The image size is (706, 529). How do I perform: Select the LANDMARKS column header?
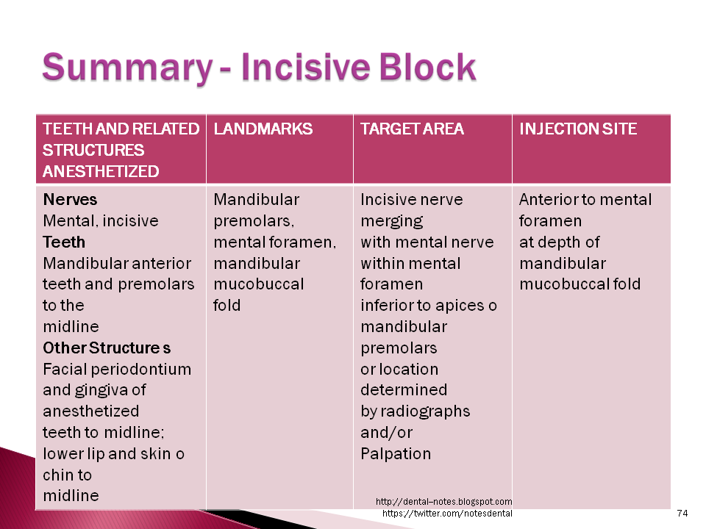(263, 129)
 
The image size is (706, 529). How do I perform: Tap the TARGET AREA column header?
(412, 129)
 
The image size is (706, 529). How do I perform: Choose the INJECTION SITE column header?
(578, 129)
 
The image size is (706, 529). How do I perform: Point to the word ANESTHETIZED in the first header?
(101, 172)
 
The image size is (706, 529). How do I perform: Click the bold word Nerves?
(70, 200)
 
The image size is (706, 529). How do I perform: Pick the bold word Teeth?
(64, 242)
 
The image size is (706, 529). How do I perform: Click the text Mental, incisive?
(101, 221)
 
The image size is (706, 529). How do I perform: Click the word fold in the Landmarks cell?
(227, 305)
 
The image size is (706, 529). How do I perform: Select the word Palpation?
(396, 453)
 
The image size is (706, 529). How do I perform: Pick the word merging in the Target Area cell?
(391, 221)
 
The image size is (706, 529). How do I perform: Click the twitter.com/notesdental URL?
(447, 513)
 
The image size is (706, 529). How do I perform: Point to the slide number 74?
(682, 513)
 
